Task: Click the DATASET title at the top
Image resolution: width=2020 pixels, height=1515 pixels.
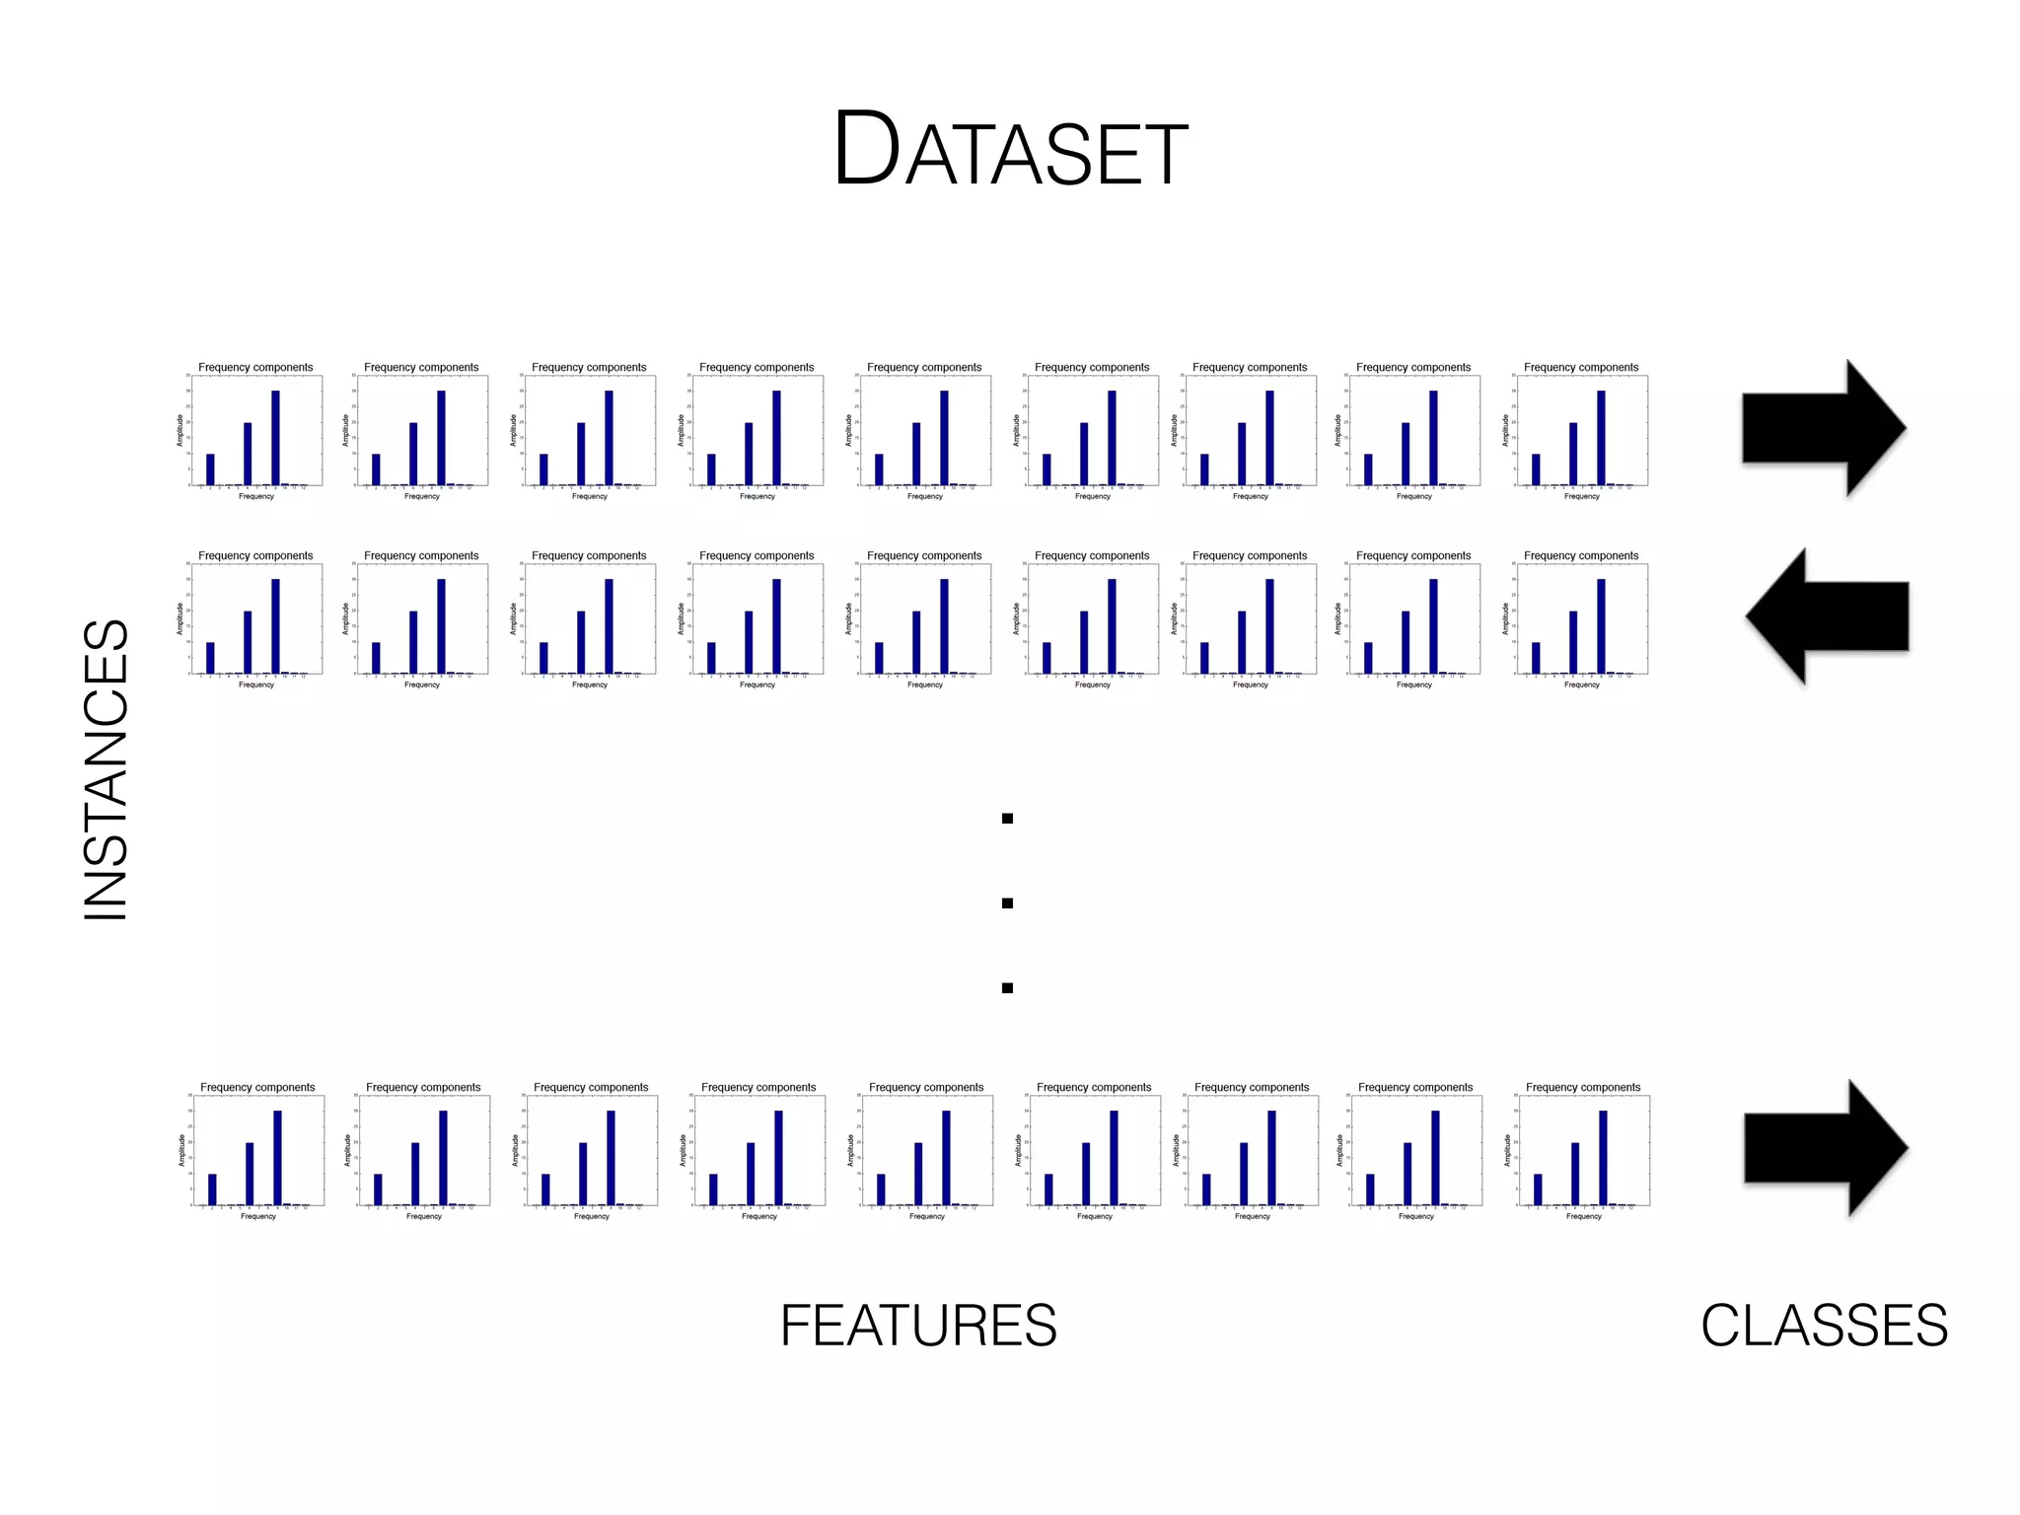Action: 1010,150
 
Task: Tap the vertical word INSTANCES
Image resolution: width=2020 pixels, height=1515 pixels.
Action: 107,769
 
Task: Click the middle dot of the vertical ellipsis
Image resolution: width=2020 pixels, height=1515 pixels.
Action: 1007,903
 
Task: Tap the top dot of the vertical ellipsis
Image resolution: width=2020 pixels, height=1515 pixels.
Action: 1007,819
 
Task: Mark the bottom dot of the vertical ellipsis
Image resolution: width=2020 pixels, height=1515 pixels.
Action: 1007,988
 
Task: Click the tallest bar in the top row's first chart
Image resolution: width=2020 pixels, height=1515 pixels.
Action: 275,438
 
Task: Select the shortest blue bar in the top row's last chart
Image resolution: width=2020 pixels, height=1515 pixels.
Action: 1536,469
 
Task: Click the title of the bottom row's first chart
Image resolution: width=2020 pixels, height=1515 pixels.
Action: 257,1087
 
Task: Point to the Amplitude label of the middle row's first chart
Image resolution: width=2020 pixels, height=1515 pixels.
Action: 180,618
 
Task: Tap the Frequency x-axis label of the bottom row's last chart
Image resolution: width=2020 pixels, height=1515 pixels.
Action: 1583,1216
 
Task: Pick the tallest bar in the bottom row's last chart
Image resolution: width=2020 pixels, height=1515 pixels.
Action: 1603,1158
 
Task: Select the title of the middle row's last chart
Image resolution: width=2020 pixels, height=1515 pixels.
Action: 1581,555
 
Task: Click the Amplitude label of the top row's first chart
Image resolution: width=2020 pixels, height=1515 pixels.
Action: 180,430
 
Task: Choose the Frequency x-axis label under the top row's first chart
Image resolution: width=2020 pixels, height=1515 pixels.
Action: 256,496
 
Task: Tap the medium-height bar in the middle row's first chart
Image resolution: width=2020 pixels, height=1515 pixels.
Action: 248,642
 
